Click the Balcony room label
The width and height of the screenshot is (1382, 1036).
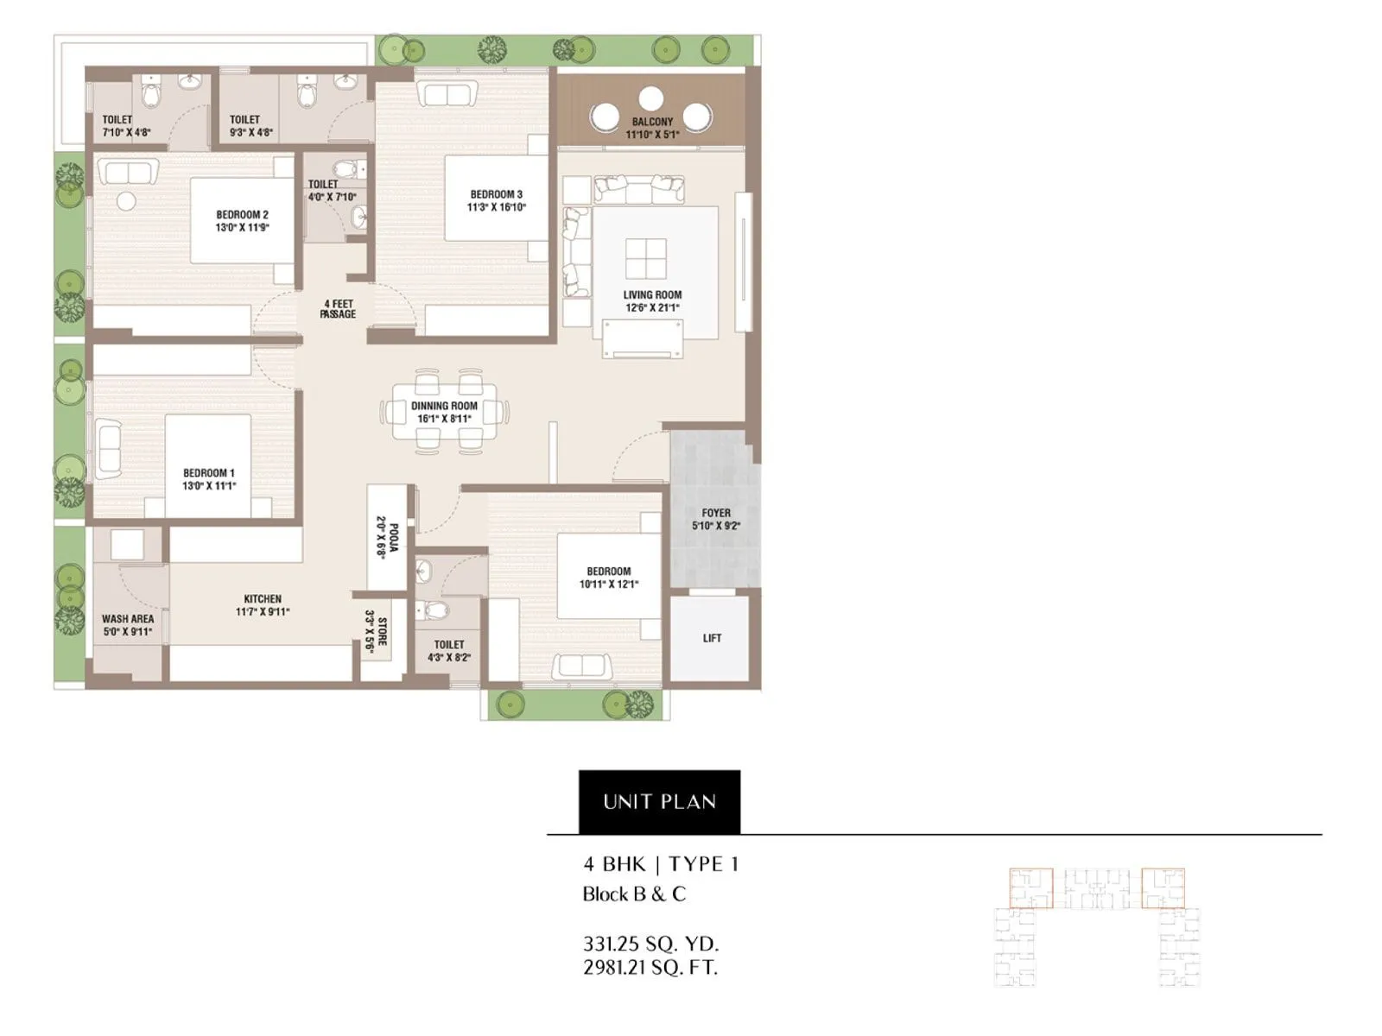point(652,123)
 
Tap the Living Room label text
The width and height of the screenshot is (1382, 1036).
point(652,295)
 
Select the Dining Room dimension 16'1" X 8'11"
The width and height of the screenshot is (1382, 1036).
point(444,419)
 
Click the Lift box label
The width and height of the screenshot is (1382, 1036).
point(712,638)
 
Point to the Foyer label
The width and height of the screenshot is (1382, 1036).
point(716,513)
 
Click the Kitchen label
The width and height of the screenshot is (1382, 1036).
point(263,599)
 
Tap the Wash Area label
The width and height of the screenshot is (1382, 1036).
point(128,619)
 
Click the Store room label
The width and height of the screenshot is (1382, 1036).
point(382,631)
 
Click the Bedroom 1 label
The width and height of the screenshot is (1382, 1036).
point(208,473)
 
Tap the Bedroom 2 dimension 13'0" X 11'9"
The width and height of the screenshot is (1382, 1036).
point(243,228)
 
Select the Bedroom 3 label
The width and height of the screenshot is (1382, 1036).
point(497,194)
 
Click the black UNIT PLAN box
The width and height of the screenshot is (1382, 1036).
point(659,801)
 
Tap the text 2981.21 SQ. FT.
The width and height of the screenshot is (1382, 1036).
point(650,968)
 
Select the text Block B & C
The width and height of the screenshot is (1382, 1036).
point(634,894)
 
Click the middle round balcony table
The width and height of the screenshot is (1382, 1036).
point(651,98)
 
